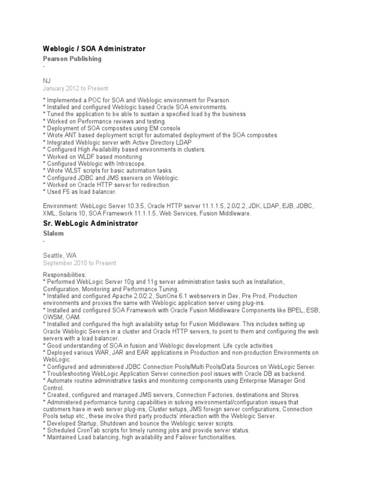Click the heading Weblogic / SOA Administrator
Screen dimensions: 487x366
(94, 49)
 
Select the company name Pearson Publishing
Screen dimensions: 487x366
(72, 59)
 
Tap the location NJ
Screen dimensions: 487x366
(47, 81)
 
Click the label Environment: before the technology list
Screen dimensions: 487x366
(61, 206)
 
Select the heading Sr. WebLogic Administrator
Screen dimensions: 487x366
(91, 224)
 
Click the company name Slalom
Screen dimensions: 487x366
(53, 234)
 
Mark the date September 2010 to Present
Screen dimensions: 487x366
(79, 263)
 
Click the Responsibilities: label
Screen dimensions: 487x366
(65, 275)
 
